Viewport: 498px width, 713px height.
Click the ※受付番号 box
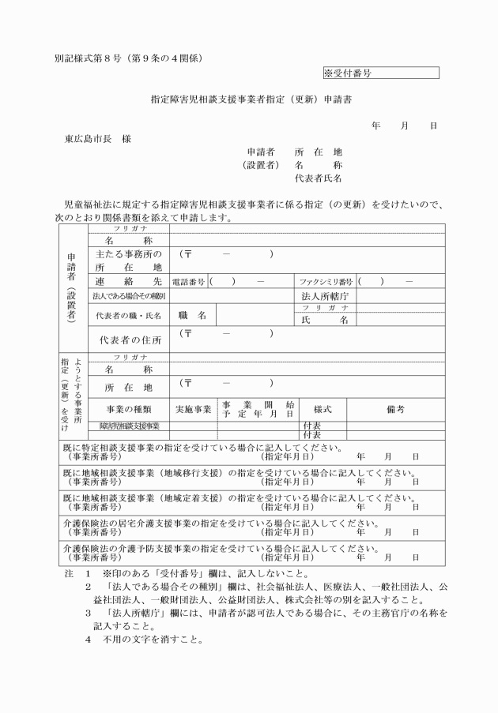click(x=380, y=73)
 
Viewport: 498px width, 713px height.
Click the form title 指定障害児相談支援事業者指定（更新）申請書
click(x=249, y=101)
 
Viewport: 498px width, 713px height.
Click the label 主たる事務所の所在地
click(x=128, y=261)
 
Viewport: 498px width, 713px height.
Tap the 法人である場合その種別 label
click(x=128, y=296)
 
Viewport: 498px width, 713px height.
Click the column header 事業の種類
click(x=129, y=409)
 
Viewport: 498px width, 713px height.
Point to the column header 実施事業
click(x=194, y=409)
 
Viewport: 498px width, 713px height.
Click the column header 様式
click(x=321, y=409)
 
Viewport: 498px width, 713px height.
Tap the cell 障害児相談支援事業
click(x=129, y=426)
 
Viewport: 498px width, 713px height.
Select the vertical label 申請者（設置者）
click(x=72, y=288)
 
